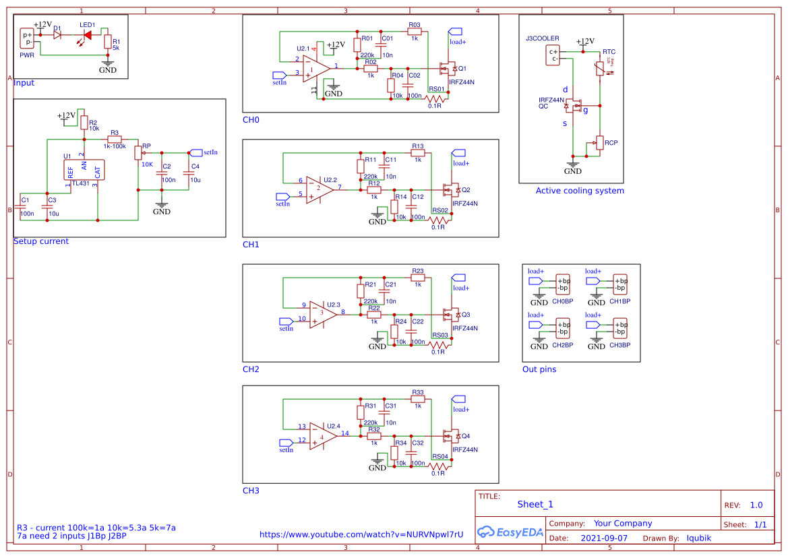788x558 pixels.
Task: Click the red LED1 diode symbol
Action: [x=87, y=34]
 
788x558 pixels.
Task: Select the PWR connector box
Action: [x=27, y=38]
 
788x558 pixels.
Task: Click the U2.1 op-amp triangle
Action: [x=315, y=68]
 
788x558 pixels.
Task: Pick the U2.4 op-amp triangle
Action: [x=322, y=437]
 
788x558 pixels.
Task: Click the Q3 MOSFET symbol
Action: [x=447, y=315]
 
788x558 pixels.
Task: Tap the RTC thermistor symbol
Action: [x=599, y=69]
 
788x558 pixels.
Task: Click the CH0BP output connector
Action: [x=562, y=284]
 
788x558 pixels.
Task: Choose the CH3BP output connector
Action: [x=619, y=328]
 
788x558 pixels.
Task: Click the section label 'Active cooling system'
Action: [x=580, y=191]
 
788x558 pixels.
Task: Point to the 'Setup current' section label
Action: [x=41, y=241]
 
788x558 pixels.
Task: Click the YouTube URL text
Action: [x=361, y=534]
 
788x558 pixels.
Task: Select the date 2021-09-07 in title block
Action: [x=603, y=538]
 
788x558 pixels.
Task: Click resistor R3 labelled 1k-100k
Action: [x=115, y=139]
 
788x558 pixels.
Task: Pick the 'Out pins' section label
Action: [x=539, y=369]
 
